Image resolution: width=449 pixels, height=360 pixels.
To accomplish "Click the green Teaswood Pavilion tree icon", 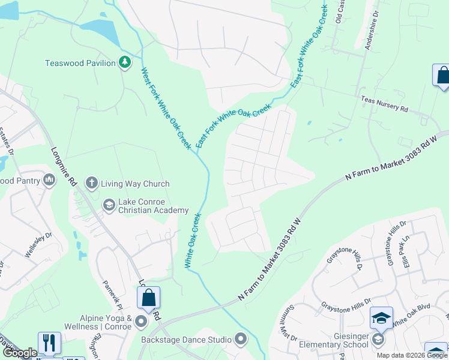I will [124, 62].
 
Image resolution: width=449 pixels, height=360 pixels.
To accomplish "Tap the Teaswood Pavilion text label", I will [80, 63].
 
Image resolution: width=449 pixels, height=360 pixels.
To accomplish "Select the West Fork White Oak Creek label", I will [166, 108].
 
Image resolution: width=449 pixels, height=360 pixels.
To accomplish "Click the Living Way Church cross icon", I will [91, 183].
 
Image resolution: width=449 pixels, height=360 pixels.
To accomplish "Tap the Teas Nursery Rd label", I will [384, 105].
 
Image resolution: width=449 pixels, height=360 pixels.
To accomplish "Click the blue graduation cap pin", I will [381, 318].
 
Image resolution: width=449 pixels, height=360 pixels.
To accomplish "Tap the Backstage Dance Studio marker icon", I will [241, 340].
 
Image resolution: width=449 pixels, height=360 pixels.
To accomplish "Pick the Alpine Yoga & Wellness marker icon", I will [141, 322].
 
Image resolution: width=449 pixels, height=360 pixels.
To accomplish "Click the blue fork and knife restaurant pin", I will [49, 343].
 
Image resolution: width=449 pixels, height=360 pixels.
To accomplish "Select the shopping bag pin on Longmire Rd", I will [148, 298].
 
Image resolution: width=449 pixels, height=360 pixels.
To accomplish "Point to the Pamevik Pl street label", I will [112, 293].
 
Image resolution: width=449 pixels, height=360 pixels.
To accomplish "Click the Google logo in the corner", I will [20, 353].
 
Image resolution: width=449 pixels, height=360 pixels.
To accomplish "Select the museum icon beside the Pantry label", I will [49, 179].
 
